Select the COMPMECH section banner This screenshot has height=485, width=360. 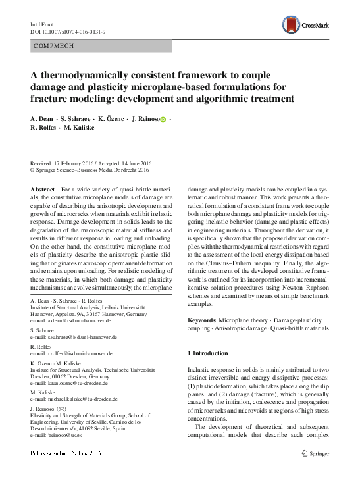(101, 46)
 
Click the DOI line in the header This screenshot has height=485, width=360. (61, 30)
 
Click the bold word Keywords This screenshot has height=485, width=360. (202, 320)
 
